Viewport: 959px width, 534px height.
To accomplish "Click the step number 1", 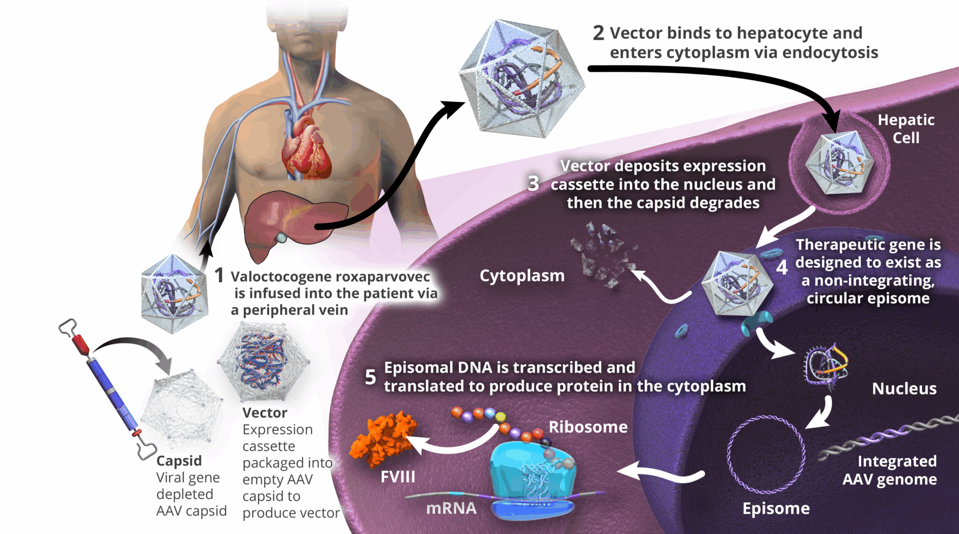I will (x=219, y=276).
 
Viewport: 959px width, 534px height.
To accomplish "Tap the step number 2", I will (x=598, y=33).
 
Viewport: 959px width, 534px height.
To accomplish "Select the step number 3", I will (x=533, y=183).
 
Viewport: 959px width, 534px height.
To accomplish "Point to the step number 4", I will (x=782, y=267).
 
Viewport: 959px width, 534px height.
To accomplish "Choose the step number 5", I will (x=370, y=377).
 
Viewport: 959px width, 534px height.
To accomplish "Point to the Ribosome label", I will (x=588, y=427).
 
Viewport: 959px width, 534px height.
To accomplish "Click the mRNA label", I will (x=451, y=508).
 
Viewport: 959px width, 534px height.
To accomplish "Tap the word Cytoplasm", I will (x=522, y=276).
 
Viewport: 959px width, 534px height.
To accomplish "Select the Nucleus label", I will (x=904, y=389).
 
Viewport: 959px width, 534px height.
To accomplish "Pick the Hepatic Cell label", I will (x=906, y=129).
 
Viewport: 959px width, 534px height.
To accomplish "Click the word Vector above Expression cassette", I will (x=264, y=413).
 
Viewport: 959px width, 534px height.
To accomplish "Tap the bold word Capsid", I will (x=179, y=461).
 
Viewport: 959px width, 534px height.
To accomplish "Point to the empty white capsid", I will (x=181, y=406).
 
